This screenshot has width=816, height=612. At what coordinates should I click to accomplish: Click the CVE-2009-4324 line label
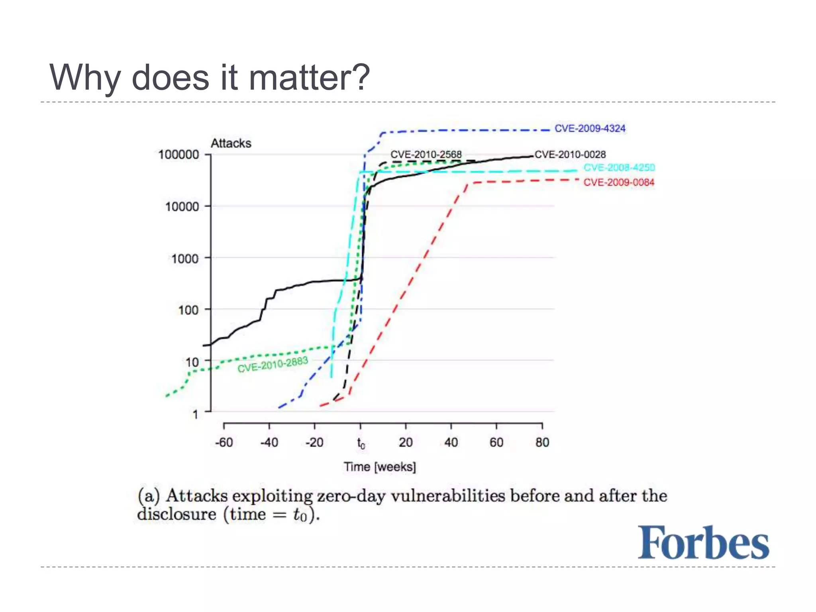[590, 129]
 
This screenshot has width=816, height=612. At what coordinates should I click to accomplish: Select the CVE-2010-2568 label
[426, 154]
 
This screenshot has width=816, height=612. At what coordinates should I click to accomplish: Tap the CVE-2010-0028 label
[570, 155]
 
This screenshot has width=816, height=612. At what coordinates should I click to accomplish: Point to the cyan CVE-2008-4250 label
[619, 167]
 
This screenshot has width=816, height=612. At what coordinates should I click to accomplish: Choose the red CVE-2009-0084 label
[619, 182]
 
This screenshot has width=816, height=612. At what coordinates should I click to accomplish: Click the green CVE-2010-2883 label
[273, 365]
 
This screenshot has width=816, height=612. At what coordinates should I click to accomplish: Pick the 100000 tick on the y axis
[178, 155]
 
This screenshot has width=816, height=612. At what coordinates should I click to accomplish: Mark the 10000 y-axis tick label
[182, 207]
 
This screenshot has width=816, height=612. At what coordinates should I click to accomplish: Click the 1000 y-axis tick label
[185, 259]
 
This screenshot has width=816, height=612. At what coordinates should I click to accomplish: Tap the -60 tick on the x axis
[224, 442]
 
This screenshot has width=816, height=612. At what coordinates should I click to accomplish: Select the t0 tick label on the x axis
[361, 443]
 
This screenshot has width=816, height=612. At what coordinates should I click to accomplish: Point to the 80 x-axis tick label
[542, 442]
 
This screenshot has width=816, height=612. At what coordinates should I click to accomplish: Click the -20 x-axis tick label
[314, 442]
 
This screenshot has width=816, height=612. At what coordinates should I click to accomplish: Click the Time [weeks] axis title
[380, 467]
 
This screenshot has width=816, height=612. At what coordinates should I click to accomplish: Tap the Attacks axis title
[231, 143]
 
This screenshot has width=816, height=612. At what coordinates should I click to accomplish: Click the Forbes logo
[703, 543]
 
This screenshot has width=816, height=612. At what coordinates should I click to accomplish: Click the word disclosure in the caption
[177, 514]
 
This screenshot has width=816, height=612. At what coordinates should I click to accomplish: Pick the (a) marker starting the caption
[149, 496]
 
